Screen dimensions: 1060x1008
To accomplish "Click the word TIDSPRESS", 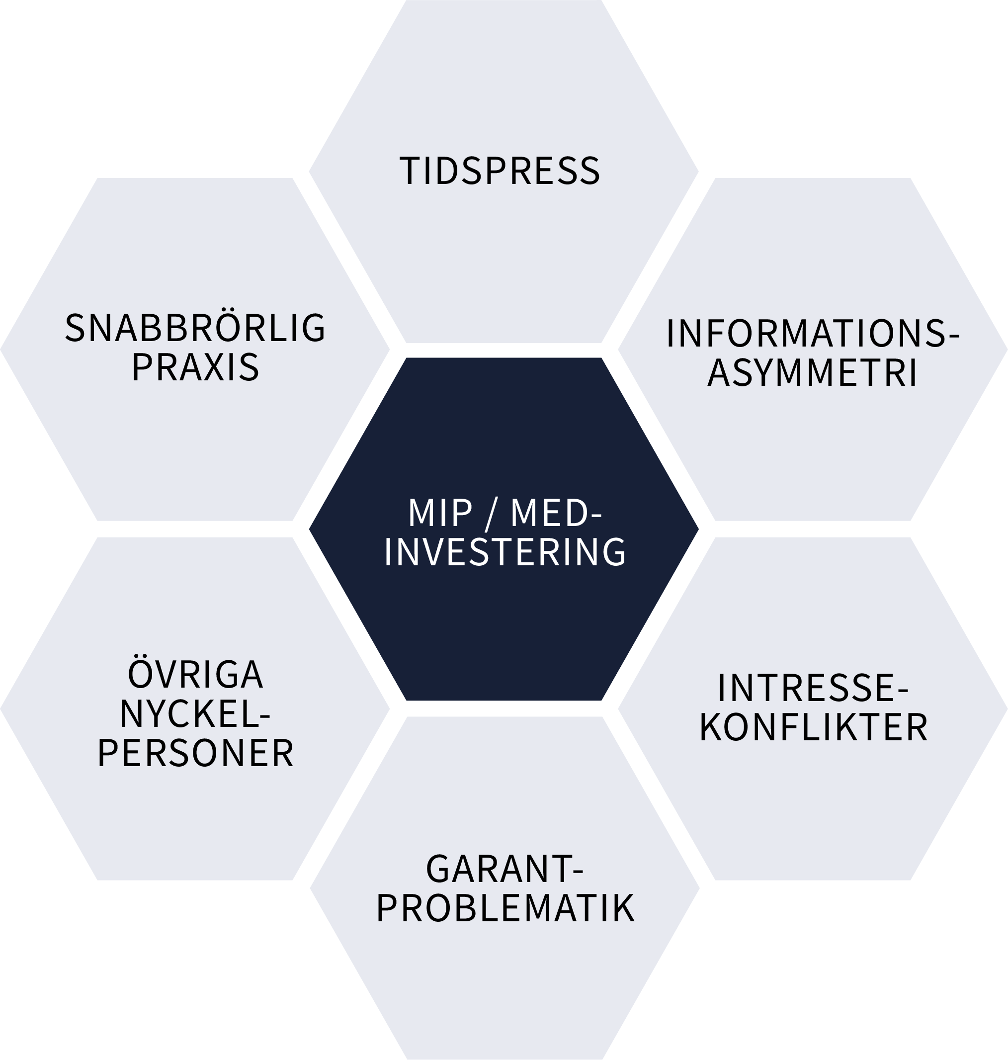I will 500,171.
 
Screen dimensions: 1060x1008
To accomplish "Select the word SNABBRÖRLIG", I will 195,328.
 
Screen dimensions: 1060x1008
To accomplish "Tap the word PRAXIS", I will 195,367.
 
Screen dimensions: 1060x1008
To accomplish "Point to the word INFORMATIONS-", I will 813,334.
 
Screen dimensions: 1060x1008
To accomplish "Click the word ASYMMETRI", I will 813,372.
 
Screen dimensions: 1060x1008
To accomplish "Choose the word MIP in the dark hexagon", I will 440,513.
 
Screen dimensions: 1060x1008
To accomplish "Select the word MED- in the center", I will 556,513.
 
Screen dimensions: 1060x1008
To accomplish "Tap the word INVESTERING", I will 504,552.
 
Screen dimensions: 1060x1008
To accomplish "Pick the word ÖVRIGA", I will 195,675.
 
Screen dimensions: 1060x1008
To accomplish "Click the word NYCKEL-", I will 195,714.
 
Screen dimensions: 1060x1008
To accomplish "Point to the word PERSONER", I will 195,754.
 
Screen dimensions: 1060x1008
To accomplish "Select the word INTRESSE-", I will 813,689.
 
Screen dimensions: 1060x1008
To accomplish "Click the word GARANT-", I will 504,869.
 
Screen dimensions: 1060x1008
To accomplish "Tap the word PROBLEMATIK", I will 504,909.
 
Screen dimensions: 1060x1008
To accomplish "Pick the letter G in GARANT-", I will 438,869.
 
